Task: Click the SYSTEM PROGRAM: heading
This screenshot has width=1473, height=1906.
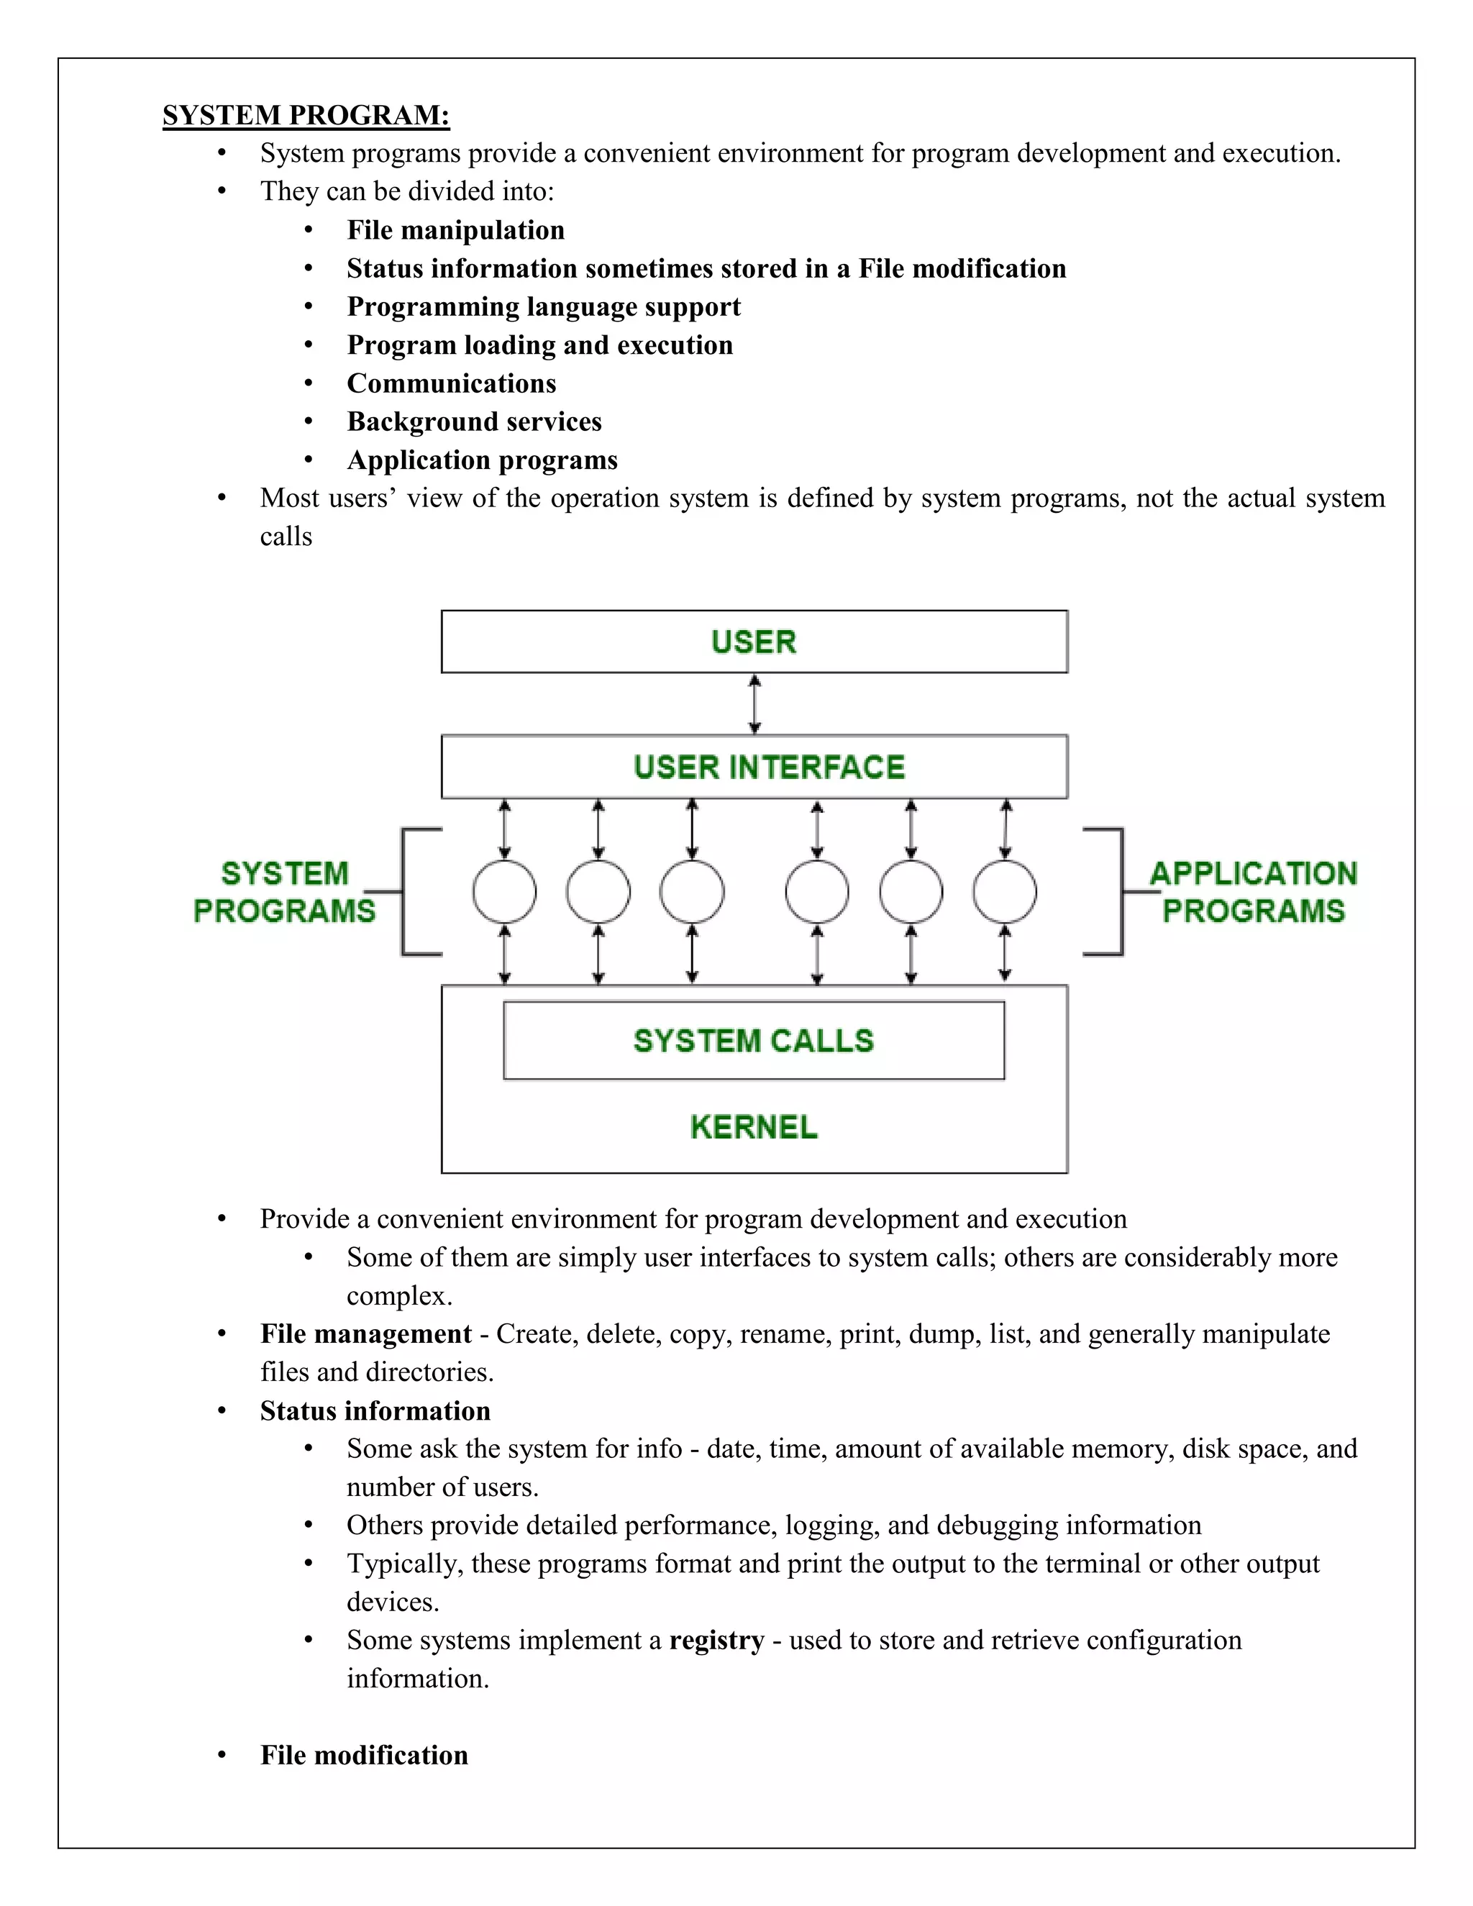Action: coord(306,115)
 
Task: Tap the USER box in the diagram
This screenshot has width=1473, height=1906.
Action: coord(754,642)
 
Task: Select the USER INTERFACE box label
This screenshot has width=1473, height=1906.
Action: coord(769,767)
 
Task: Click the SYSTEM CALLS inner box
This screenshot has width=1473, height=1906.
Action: coord(753,1040)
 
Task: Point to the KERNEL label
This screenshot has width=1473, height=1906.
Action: coord(753,1126)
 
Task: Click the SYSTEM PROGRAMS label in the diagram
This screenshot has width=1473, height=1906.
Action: coord(285,892)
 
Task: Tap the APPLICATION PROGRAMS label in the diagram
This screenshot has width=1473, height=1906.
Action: coord(1253,892)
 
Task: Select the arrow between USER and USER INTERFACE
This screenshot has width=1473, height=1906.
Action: coord(754,703)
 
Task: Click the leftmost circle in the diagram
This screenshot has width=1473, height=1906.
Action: coord(504,892)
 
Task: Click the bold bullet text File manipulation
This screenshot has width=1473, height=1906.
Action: coord(455,230)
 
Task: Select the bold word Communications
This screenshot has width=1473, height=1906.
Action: coord(451,384)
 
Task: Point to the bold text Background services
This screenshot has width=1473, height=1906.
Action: coord(474,422)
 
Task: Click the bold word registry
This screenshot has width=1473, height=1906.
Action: coord(716,1641)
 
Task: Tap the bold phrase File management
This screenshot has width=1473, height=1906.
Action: coord(365,1334)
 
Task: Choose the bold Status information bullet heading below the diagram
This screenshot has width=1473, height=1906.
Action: coord(375,1411)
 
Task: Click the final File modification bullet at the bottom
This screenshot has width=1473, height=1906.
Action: coord(364,1756)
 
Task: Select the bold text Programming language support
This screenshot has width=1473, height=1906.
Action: coord(544,307)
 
